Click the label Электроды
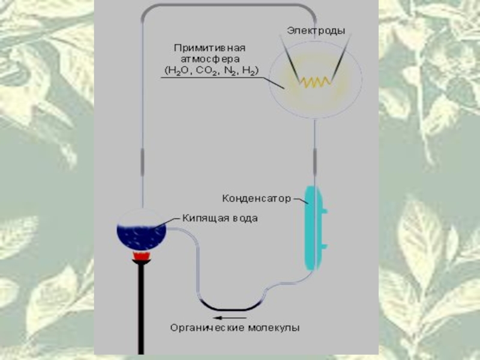[315, 29]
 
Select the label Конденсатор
[256, 197]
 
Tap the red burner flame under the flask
[142, 256]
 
